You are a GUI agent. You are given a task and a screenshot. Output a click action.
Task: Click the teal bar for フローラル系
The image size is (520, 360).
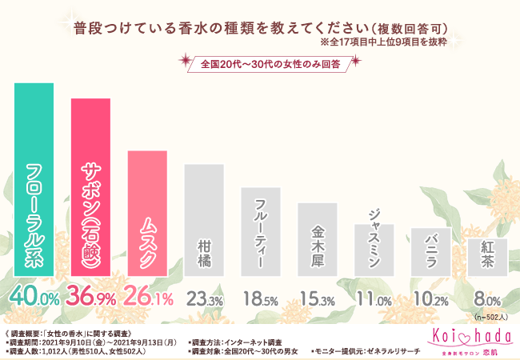(34, 179)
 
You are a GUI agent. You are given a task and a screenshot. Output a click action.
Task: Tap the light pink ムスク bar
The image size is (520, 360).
(147, 213)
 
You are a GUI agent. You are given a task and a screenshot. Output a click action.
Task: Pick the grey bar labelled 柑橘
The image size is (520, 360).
(204, 220)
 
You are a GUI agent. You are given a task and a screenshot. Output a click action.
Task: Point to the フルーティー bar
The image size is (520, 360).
(261, 232)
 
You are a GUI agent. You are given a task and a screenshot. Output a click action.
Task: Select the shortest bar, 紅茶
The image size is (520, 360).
(487, 257)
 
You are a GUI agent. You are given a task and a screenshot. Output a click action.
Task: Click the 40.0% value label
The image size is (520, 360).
(34, 298)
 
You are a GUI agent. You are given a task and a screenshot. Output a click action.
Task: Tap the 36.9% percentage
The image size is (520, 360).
(91, 298)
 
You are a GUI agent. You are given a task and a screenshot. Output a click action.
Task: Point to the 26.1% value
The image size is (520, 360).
(148, 298)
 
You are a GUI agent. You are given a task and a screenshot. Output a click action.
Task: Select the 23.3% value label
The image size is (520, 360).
(204, 298)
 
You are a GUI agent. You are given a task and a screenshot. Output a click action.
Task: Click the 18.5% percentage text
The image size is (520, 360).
(261, 298)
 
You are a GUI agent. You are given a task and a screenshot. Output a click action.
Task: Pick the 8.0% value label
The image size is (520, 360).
(487, 298)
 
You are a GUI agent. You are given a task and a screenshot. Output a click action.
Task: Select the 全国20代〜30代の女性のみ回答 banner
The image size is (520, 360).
(265, 64)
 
